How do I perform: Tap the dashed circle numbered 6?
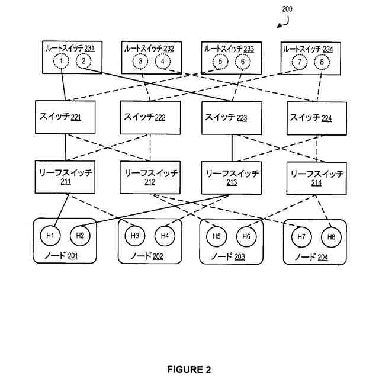click(x=241, y=62)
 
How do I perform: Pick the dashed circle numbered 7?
click(x=299, y=62)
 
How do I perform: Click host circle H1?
click(x=50, y=236)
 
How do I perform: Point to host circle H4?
click(x=164, y=236)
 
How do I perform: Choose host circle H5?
click(x=217, y=236)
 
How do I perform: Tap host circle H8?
click(x=331, y=237)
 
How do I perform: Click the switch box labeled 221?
click(x=65, y=118)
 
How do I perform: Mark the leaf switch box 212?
click(x=150, y=178)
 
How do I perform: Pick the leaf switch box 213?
click(x=232, y=178)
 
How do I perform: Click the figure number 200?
click(x=287, y=9)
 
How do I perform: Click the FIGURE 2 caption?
click(x=189, y=370)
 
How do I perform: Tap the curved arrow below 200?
click(x=282, y=22)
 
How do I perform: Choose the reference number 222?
click(x=160, y=118)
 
